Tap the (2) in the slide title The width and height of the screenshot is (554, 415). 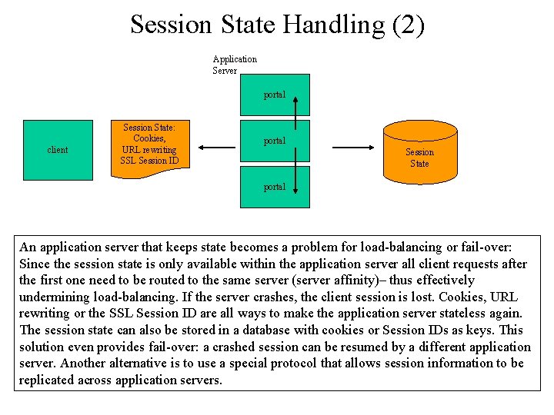point(408,25)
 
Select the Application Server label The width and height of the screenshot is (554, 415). point(234,65)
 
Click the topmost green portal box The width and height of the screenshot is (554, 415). point(275,95)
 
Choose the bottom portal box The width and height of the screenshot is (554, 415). point(275,187)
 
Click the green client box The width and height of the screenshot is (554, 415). point(58,150)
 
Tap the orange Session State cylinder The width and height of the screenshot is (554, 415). point(419,153)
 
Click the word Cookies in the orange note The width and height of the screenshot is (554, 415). point(149,138)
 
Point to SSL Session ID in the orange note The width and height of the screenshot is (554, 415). point(149,161)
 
